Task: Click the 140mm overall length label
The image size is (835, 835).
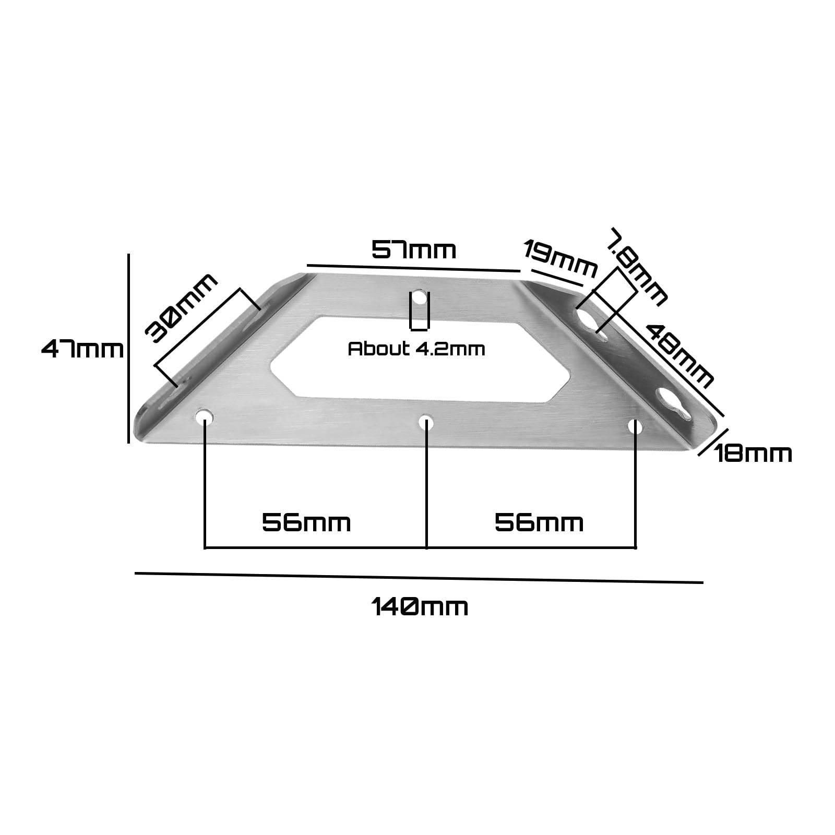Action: [x=420, y=607]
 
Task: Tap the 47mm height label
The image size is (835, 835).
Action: [x=82, y=349]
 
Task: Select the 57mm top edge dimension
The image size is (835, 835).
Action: [x=414, y=250]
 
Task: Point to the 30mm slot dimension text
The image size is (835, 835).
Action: [x=181, y=308]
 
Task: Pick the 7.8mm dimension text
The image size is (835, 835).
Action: [x=637, y=266]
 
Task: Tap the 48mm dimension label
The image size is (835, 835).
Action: [x=679, y=355]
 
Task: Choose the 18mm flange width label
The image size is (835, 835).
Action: [x=753, y=454]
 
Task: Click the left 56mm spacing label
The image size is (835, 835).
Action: [x=306, y=522]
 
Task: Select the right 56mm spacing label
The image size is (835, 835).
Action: [x=539, y=522]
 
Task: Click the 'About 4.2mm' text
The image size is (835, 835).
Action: [x=416, y=349]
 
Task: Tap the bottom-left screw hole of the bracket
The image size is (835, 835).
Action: [x=205, y=416]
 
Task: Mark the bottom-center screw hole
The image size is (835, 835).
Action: [x=426, y=423]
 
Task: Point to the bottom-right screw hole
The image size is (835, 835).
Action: [x=635, y=427]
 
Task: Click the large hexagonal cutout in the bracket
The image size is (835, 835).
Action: [x=417, y=360]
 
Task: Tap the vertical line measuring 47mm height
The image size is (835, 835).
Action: [x=128, y=349]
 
